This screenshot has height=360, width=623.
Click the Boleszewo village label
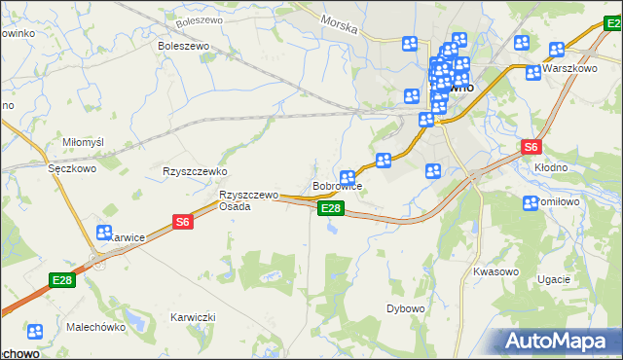(x=185, y=45)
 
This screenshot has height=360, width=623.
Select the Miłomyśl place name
(x=83, y=142)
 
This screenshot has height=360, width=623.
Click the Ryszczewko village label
(x=195, y=171)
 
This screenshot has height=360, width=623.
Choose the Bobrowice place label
(x=338, y=186)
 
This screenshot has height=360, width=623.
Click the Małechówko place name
(x=96, y=327)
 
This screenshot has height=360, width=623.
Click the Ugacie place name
(x=553, y=279)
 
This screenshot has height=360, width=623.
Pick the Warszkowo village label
(x=569, y=69)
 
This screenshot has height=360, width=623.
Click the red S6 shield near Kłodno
(x=531, y=148)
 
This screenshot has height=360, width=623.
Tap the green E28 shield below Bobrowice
(x=331, y=208)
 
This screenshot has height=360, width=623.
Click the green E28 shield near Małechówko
(x=61, y=281)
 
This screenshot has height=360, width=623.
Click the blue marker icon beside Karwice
(x=104, y=233)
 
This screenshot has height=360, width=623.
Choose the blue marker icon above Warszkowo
(x=557, y=50)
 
